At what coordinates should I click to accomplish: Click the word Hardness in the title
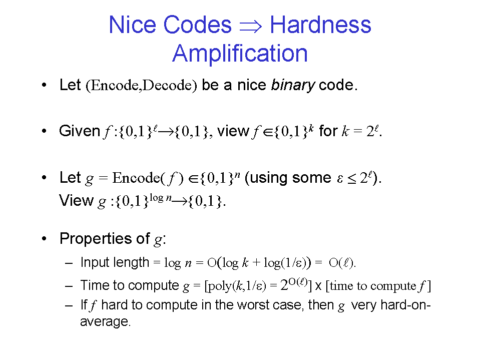[x=320, y=25]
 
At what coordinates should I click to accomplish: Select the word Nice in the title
[x=132, y=25]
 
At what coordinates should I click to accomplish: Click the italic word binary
[x=293, y=85]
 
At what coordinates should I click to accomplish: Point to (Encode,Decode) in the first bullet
[x=141, y=85]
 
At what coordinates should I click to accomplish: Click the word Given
[x=80, y=131]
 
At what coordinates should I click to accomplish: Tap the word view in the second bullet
[x=233, y=131]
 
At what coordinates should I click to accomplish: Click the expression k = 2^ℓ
[x=361, y=131]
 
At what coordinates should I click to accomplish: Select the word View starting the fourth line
[x=76, y=201]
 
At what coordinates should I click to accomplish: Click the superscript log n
[x=160, y=198]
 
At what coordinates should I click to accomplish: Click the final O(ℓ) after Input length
[x=342, y=263]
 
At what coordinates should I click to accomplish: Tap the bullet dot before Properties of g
[x=45, y=238]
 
